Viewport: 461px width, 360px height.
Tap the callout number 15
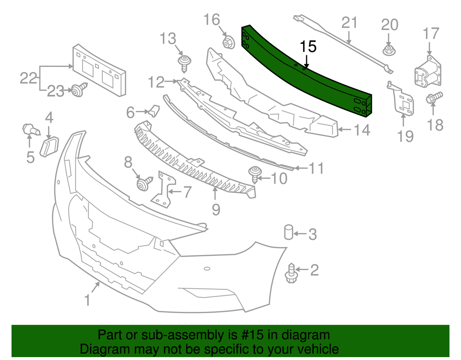[309, 47]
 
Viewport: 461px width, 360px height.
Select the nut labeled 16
[227, 42]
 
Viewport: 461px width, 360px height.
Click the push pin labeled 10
[254, 173]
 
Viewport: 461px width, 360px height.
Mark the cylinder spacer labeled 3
[289, 232]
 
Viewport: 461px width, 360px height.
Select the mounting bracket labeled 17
[428, 73]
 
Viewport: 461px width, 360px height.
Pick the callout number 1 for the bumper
[87, 300]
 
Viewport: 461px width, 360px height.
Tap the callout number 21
[350, 23]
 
